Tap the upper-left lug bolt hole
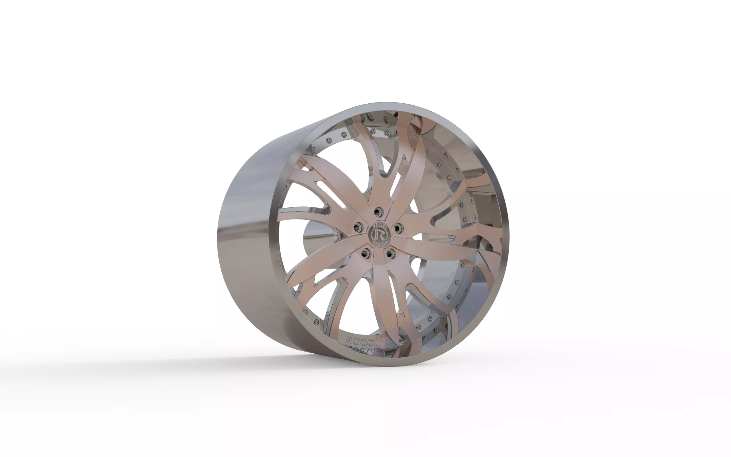pyautogui.click(x=358, y=227)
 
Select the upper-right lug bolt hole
pyautogui.click(x=397, y=227)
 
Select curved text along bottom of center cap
pyautogui.click(x=379, y=243)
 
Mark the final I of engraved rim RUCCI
pyautogui.click(x=375, y=343)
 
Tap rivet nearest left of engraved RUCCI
pyautogui.click(x=316, y=322)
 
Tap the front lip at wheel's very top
pyautogui.click(x=387, y=107)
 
